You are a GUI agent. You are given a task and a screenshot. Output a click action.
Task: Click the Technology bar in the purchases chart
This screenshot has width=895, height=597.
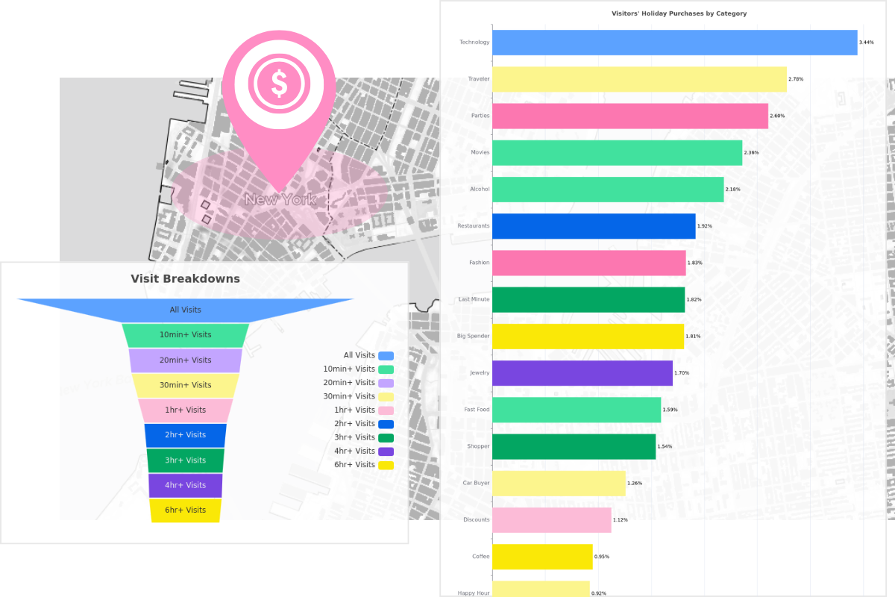pyautogui.click(x=674, y=43)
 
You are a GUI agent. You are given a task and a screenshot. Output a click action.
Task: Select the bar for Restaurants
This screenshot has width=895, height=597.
pyautogui.click(x=594, y=226)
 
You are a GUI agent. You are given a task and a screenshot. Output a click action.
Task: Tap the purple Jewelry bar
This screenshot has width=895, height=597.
pyautogui.click(x=582, y=373)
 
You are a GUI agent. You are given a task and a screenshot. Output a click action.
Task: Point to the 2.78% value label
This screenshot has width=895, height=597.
pyautogui.click(x=796, y=79)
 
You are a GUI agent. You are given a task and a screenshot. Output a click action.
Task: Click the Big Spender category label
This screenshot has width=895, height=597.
pyautogui.click(x=474, y=337)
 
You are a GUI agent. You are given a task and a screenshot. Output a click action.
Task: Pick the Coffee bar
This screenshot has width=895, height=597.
pyautogui.click(x=542, y=557)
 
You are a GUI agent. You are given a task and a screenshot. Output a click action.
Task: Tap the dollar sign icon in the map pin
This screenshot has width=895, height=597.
pyautogui.click(x=279, y=84)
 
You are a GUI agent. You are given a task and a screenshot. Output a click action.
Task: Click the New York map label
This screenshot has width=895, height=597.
pyautogui.click(x=280, y=199)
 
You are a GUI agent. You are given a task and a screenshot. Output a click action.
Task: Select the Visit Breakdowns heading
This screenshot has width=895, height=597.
pyautogui.click(x=186, y=278)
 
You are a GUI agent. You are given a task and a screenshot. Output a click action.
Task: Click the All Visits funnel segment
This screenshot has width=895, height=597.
pyautogui.click(x=186, y=310)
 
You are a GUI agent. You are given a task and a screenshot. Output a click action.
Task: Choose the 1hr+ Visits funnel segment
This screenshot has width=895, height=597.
pyautogui.click(x=186, y=410)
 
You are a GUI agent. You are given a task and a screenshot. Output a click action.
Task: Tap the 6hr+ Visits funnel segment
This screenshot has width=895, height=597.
pyautogui.click(x=186, y=510)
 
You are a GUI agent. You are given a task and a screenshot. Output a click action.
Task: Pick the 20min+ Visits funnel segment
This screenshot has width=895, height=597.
pyautogui.click(x=186, y=360)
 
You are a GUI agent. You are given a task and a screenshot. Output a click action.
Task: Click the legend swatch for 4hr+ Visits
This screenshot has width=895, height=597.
pyautogui.click(x=386, y=451)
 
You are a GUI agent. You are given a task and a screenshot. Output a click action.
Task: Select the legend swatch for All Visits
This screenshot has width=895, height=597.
pyautogui.click(x=386, y=356)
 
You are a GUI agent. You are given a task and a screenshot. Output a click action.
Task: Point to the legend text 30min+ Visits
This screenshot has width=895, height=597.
pyautogui.click(x=349, y=396)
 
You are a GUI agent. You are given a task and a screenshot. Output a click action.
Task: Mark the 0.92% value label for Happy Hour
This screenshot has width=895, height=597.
pyautogui.click(x=599, y=593)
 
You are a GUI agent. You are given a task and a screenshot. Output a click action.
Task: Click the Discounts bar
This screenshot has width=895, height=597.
pyautogui.click(x=551, y=520)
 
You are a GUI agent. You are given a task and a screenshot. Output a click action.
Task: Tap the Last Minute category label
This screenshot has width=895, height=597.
pyautogui.click(x=474, y=300)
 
